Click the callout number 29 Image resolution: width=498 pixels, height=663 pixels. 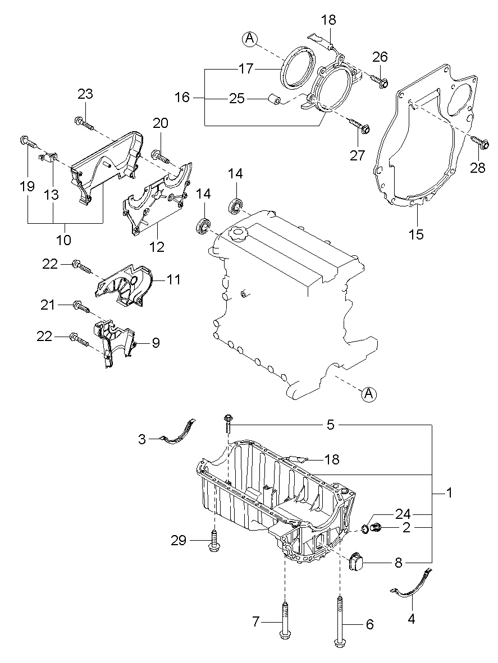(179, 541)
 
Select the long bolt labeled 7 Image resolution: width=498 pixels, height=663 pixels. (285, 620)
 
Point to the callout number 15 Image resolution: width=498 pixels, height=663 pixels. (417, 234)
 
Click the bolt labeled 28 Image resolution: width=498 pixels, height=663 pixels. (478, 144)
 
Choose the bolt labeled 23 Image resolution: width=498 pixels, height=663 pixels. (83, 122)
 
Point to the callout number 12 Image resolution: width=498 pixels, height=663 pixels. (157, 246)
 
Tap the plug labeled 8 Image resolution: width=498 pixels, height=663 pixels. (356, 562)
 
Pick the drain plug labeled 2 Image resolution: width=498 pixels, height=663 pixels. (376, 527)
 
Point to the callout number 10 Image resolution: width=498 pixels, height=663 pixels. (63, 240)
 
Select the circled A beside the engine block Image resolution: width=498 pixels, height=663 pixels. (368, 395)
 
